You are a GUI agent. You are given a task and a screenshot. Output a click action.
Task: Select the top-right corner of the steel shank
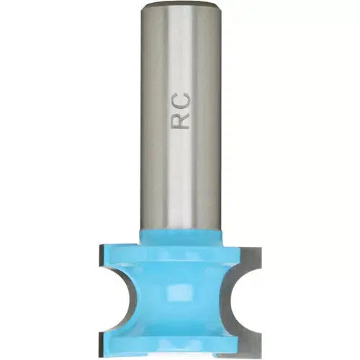tap(218, 6)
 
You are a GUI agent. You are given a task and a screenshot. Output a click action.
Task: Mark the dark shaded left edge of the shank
tap(145, 115)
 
